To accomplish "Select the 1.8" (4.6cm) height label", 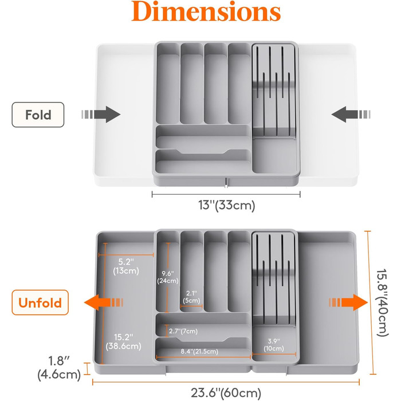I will tap(59, 368).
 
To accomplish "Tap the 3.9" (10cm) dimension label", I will tap(272, 343).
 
